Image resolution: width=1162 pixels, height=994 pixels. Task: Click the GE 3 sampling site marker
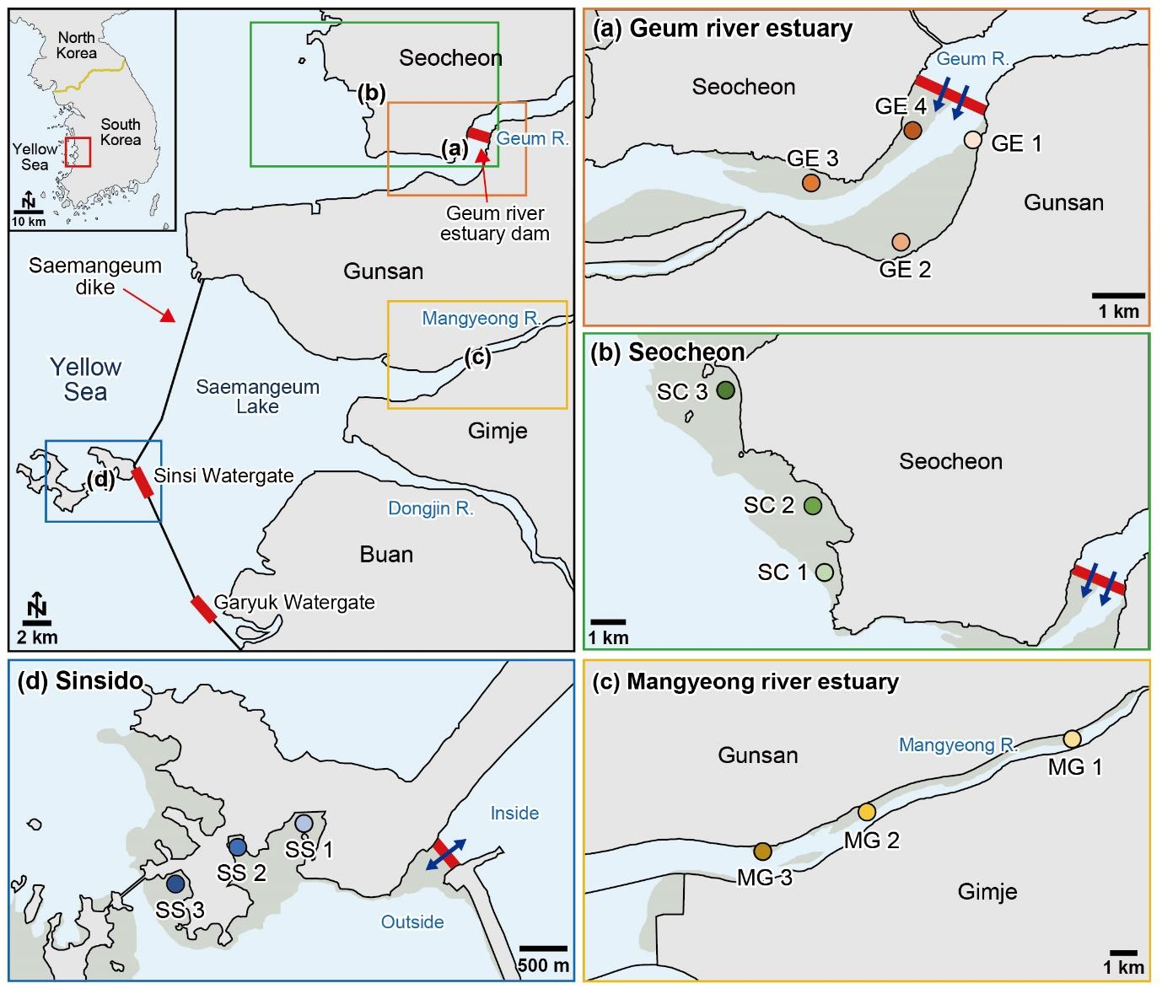click(x=810, y=182)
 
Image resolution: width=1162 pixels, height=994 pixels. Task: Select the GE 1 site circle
click(x=972, y=139)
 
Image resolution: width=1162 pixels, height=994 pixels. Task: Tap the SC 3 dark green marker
click(x=726, y=390)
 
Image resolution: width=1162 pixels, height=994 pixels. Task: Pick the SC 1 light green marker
click(x=825, y=572)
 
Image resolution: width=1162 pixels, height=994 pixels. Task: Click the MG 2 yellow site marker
click(x=867, y=812)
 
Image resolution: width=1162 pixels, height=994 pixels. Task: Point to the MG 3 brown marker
click(x=762, y=852)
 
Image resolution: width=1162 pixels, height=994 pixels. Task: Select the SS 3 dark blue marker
click(x=176, y=884)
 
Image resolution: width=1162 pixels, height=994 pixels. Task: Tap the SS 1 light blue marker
click(x=304, y=824)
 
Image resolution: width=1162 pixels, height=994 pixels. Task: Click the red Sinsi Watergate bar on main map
click(x=143, y=482)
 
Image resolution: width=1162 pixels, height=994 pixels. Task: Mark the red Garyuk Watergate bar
click(x=203, y=610)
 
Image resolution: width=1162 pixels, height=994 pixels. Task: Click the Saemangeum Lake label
click(x=257, y=396)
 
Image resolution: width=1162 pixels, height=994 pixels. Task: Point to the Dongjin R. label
click(x=431, y=508)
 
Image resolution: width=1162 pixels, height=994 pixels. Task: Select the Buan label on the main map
click(x=386, y=555)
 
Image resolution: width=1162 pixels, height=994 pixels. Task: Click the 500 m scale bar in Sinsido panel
click(x=543, y=948)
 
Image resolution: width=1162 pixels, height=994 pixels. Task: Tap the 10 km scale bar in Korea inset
click(x=29, y=212)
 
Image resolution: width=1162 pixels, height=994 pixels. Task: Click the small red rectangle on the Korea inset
click(x=78, y=152)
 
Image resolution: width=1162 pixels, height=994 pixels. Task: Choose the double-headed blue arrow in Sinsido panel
click(x=446, y=855)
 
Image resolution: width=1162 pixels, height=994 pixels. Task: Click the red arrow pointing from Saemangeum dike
click(x=149, y=306)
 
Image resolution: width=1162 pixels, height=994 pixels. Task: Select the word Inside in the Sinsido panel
click(x=514, y=813)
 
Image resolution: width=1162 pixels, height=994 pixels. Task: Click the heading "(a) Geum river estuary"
click(x=723, y=28)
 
